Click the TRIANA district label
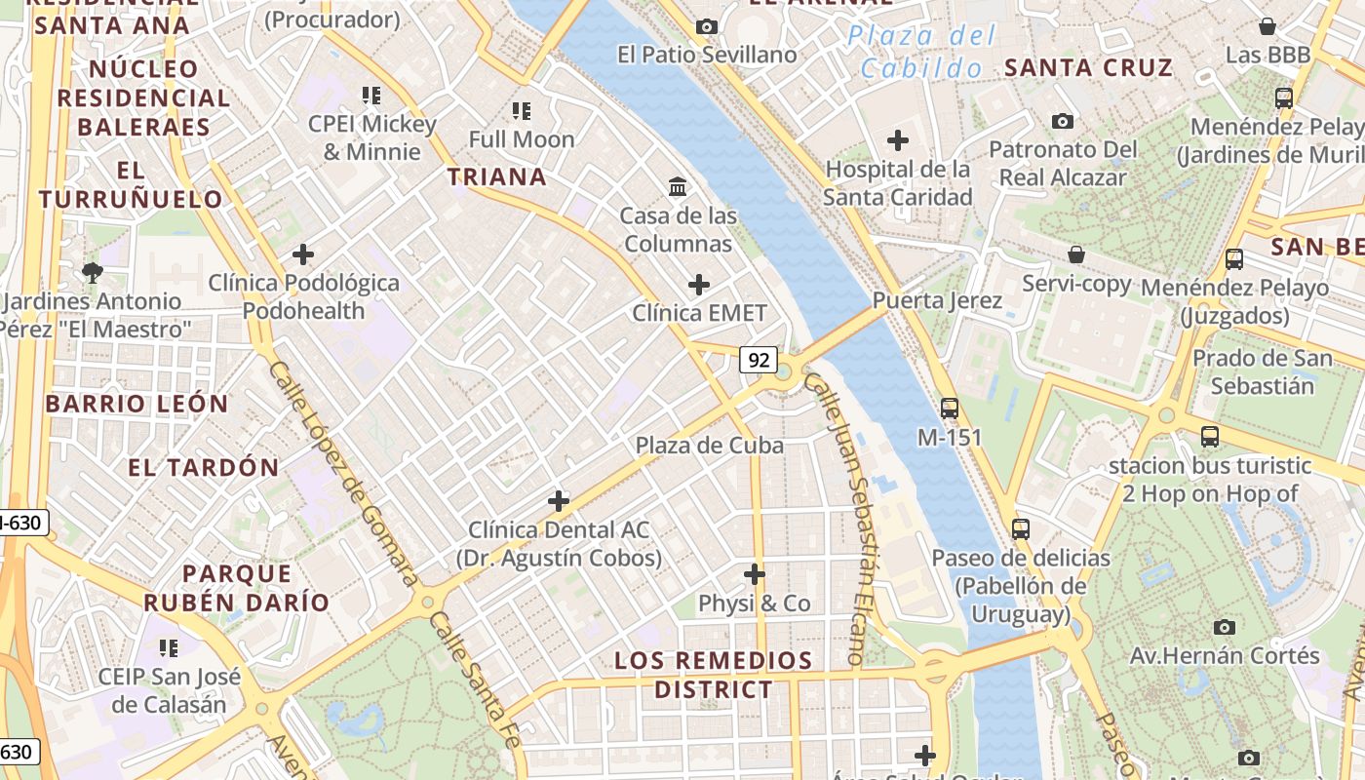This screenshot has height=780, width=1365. [496, 176]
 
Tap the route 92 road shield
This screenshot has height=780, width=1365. [758, 360]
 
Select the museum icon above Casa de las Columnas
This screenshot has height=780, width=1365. [677, 185]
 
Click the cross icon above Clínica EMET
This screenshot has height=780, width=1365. [698, 285]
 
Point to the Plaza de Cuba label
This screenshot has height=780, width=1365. [709, 446]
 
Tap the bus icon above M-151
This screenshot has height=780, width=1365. [950, 409]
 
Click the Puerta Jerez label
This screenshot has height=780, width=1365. [937, 300]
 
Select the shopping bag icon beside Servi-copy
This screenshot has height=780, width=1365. [1076, 254]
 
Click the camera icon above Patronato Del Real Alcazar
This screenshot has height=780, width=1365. [1063, 121]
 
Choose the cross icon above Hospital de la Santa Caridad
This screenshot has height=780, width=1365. [897, 140]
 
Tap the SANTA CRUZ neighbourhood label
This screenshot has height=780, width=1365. [1088, 67]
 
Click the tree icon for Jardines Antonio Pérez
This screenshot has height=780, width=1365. [93, 272]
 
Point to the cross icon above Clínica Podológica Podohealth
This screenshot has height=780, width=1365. [303, 254]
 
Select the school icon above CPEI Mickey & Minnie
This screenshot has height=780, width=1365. [371, 96]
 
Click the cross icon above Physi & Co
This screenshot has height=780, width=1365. [754, 573]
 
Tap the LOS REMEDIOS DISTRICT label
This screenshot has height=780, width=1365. [713, 675]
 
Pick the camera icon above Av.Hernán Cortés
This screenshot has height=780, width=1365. [1225, 626]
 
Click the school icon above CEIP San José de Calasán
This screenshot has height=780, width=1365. [168, 647]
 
